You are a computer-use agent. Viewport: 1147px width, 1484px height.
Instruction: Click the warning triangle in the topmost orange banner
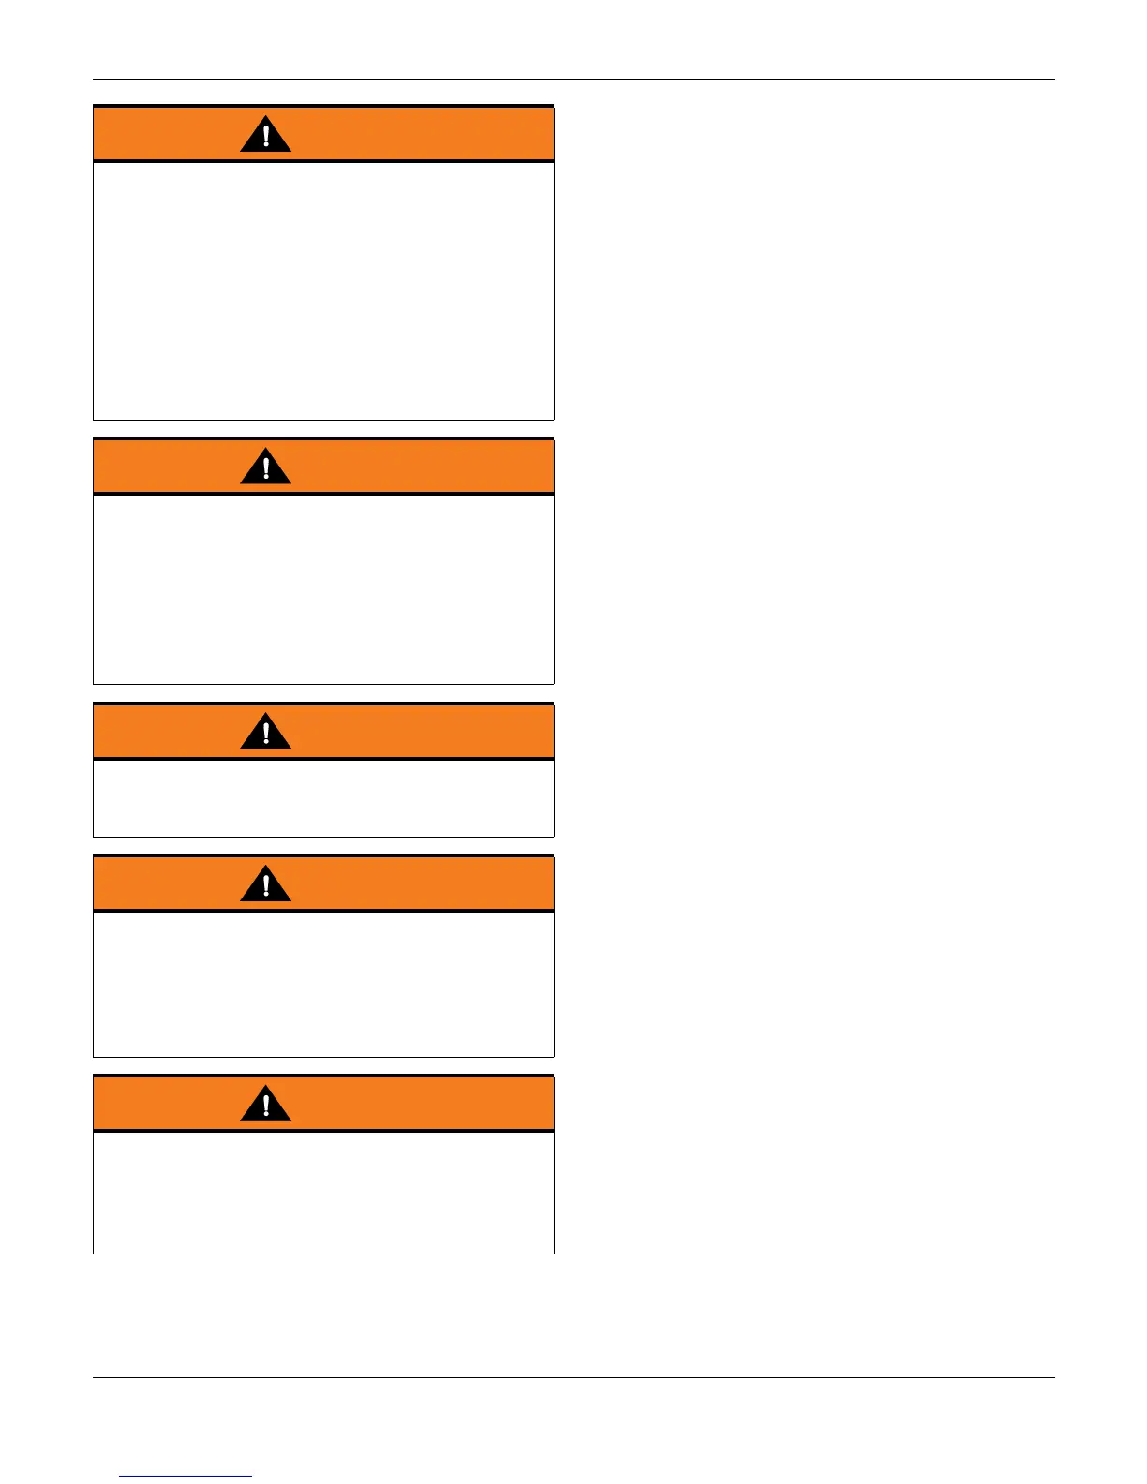pyautogui.click(x=265, y=136)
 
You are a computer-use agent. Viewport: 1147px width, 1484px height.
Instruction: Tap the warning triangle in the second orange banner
pyautogui.click(x=265, y=467)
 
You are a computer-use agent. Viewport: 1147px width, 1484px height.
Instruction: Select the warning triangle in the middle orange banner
pyautogui.click(x=265, y=733)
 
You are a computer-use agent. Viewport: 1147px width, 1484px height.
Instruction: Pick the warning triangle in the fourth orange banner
pyautogui.click(x=265, y=884)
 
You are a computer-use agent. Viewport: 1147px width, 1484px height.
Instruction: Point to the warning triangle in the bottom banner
pyautogui.click(x=265, y=1105)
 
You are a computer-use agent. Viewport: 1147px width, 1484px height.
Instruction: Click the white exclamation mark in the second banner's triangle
pyautogui.click(x=266, y=467)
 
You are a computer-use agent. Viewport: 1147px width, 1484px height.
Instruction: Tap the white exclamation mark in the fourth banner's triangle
pyautogui.click(x=266, y=883)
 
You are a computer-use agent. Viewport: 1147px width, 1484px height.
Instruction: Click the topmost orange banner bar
pyautogui.click(x=422, y=134)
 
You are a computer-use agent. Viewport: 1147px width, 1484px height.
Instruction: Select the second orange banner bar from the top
pyautogui.click(x=422, y=466)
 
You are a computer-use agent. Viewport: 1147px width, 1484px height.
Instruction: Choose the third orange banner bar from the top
pyautogui.click(x=422, y=731)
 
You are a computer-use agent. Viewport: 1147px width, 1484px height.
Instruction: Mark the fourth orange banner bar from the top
pyautogui.click(x=422, y=883)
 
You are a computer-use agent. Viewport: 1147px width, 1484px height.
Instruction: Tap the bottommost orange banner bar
pyautogui.click(x=422, y=1103)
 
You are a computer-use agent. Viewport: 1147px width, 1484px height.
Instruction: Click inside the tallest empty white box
pyautogui.click(x=323, y=290)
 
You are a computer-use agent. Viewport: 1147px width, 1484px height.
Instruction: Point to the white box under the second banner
pyautogui.click(x=323, y=588)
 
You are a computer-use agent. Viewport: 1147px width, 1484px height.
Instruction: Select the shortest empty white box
pyautogui.click(x=323, y=797)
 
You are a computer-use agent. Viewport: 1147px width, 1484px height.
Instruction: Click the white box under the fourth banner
pyautogui.click(x=323, y=984)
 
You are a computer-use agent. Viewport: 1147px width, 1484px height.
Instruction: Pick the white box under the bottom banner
pyautogui.click(x=323, y=1192)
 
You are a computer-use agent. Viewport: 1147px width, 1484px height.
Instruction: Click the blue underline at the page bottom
pyautogui.click(x=186, y=1476)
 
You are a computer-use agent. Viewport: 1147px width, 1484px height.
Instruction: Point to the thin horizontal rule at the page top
pyautogui.click(x=573, y=80)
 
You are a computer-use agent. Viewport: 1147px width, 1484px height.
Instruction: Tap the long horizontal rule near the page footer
pyautogui.click(x=573, y=1377)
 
